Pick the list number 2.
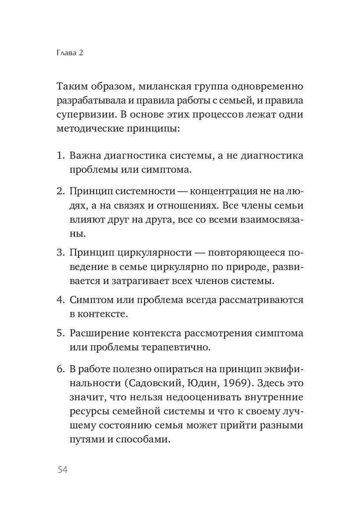click(60, 192)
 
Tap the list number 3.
click(60, 253)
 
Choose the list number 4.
click(60, 300)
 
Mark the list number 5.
click(60, 333)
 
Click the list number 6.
click(60, 368)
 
